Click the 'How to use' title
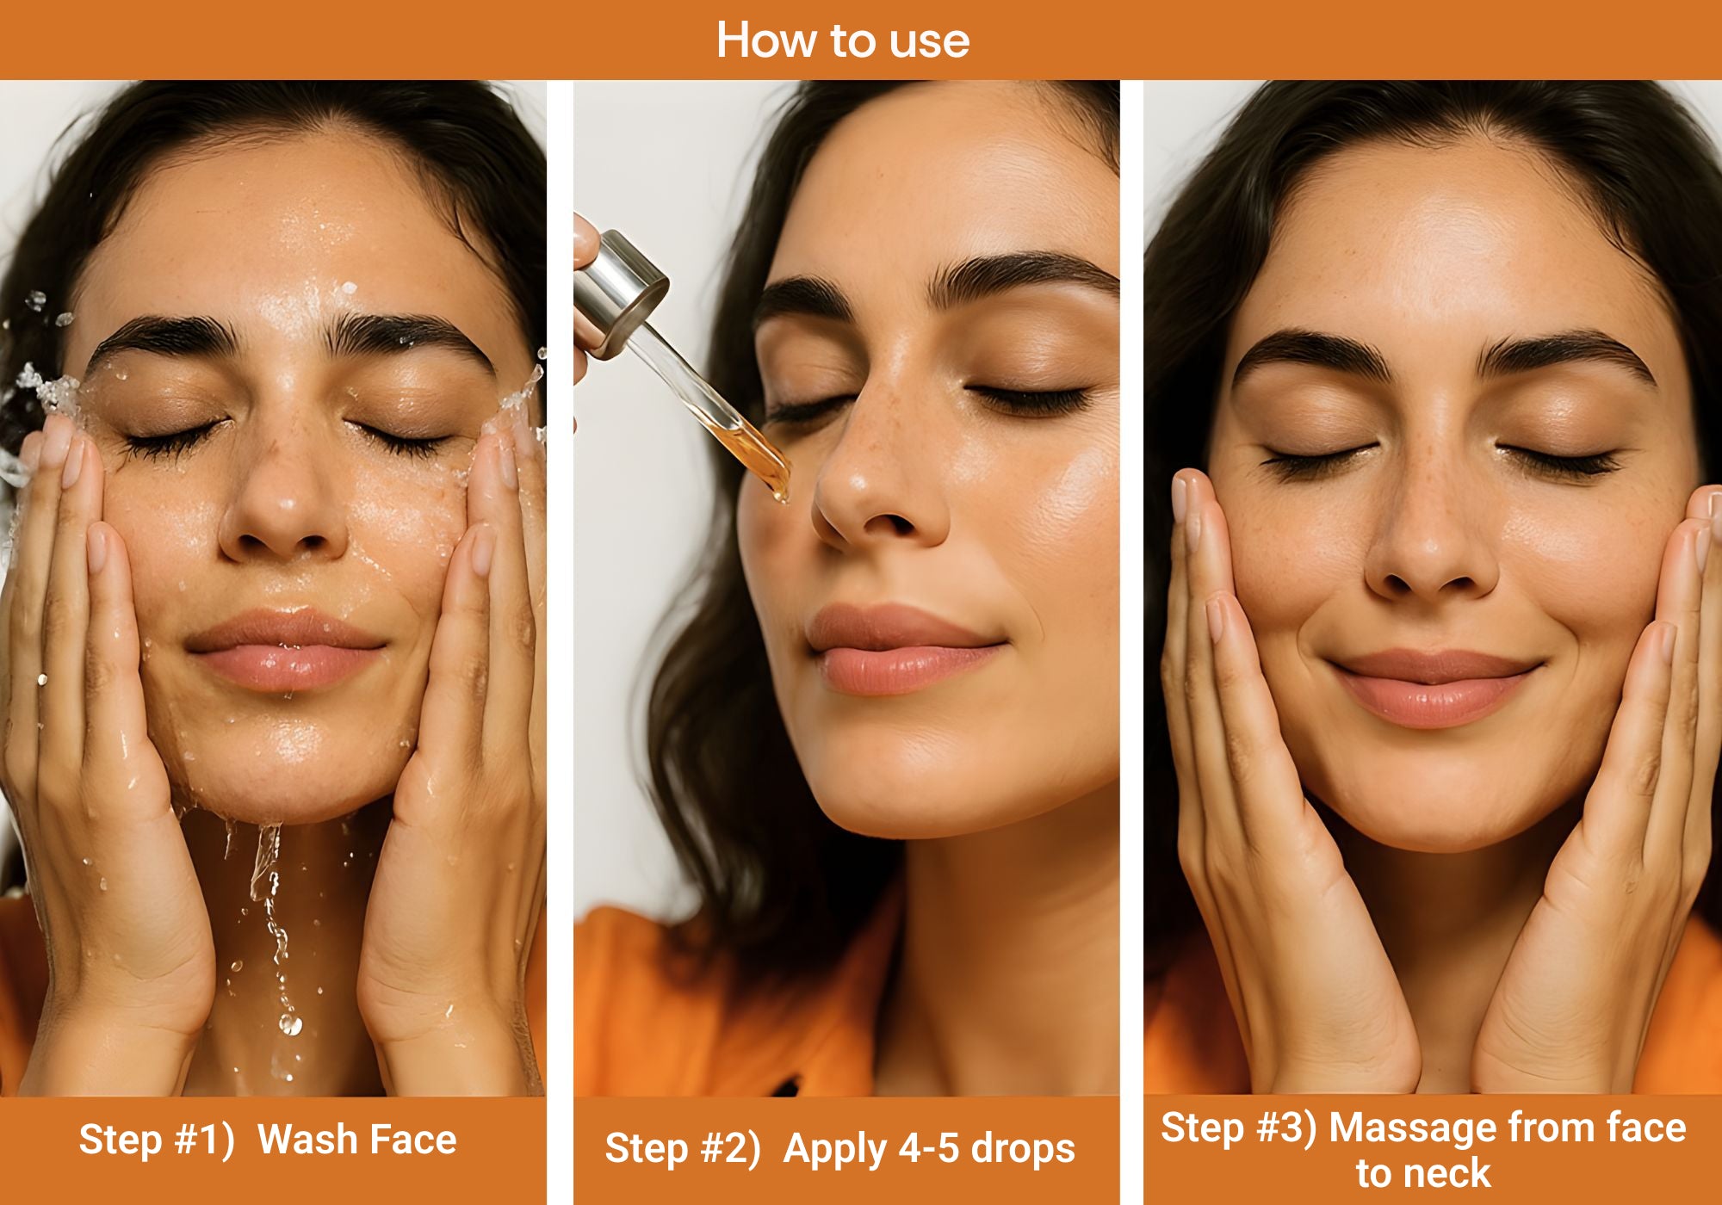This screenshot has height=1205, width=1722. (x=843, y=40)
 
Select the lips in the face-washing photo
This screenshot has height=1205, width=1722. (x=285, y=650)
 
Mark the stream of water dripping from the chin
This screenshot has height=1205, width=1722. (x=269, y=912)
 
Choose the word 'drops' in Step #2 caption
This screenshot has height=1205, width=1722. (x=1024, y=1148)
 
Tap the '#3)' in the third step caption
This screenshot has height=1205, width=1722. (x=1286, y=1128)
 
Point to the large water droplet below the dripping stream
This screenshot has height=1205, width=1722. (x=290, y=1024)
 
